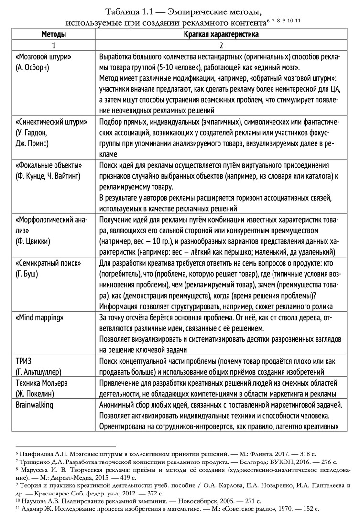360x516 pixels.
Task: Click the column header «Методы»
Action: click(54, 34)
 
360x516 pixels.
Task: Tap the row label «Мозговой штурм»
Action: click(44, 57)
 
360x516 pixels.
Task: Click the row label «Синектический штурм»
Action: click(51, 122)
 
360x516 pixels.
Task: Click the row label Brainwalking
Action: click(35, 405)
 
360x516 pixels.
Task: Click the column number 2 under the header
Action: click(221, 45)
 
